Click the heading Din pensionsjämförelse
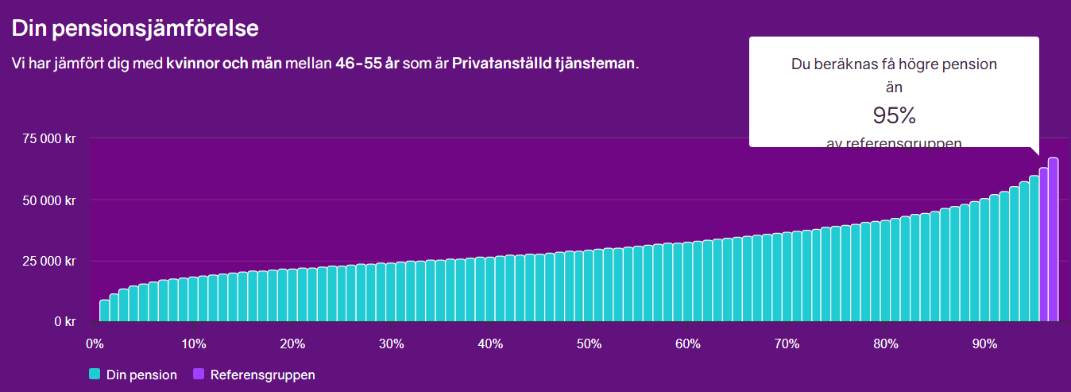tap(135, 28)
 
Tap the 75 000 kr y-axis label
tap(48, 139)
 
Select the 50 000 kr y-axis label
tap(48, 200)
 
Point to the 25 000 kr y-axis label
tap(48, 261)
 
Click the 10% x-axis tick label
tap(193, 344)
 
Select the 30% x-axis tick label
tap(391, 344)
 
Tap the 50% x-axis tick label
tap(589, 344)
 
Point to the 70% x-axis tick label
tap(787, 344)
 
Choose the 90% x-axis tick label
tap(984, 344)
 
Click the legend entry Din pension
tap(141, 375)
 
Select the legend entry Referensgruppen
tap(262, 375)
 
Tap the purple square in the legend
tap(199, 375)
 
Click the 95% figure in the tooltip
tap(894, 116)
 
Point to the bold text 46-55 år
tap(367, 63)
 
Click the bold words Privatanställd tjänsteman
tap(544, 63)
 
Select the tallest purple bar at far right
tap(1053, 239)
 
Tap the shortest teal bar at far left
tap(104, 311)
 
